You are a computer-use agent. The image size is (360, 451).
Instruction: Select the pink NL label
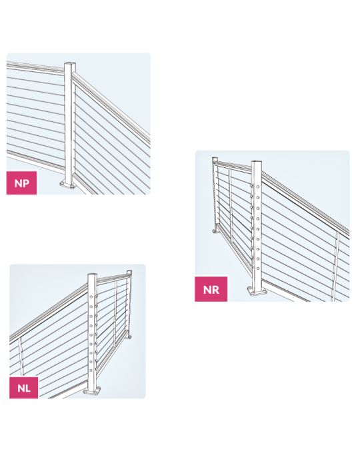[x=23, y=387]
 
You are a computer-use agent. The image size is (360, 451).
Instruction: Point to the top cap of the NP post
[x=70, y=64]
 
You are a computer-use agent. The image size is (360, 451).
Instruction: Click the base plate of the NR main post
[x=255, y=292]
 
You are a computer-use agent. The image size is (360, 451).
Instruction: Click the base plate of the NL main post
[x=93, y=390]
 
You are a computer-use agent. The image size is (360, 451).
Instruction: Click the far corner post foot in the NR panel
[x=215, y=231]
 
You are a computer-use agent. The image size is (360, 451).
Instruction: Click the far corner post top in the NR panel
[x=215, y=159]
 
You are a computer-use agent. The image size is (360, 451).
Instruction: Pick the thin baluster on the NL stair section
[x=21, y=364]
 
